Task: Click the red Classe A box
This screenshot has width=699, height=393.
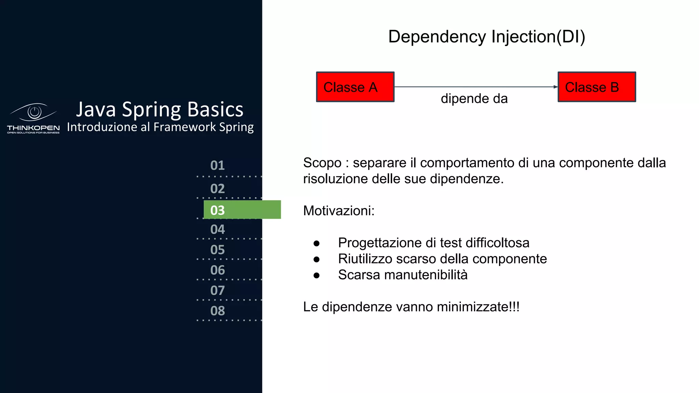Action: coord(355,87)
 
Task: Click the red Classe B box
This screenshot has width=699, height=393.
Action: coord(597,87)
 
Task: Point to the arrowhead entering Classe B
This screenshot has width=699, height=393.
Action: coord(555,87)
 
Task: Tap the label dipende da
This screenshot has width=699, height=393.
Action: coord(474,99)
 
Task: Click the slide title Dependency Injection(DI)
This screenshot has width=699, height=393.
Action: coord(486,37)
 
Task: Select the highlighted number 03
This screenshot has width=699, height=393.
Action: coord(217,210)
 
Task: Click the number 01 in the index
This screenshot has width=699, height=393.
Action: coord(217,165)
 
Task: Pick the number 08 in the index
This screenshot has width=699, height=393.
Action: coord(217,311)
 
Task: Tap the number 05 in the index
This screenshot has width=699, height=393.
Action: coord(217,250)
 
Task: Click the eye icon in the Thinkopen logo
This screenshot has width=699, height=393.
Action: coord(34,112)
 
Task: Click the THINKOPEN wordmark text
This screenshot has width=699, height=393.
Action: coord(33,128)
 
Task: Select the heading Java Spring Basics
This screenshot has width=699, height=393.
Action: coord(159,110)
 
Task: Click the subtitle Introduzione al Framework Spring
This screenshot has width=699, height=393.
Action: coord(160,127)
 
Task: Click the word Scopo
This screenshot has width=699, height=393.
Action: coord(322,163)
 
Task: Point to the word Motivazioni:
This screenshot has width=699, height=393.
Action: coord(339,211)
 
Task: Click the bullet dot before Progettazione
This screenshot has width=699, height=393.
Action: coord(316,243)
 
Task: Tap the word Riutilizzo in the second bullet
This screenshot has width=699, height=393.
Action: coord(365,259)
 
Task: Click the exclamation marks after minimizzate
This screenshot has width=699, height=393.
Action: coord(514,307)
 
